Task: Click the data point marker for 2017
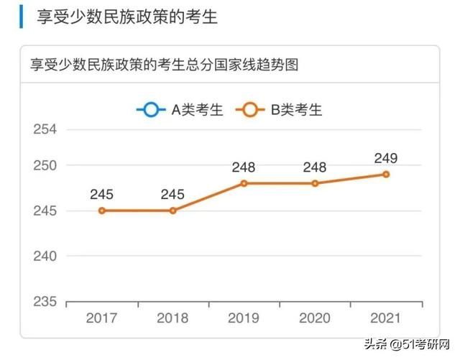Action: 102,211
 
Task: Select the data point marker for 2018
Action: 172,211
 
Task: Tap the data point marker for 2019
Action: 244,183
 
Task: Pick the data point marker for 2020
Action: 315,183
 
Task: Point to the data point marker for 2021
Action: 386,174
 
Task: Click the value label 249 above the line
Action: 386,158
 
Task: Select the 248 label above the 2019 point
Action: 244,167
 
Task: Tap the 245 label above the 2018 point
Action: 172,195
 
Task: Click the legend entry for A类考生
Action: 180,110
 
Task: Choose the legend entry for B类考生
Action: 282,110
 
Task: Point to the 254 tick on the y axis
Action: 45,129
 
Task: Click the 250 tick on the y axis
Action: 45,165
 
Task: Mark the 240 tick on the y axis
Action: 45,256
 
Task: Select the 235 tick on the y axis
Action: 45,300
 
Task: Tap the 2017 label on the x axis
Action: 102,318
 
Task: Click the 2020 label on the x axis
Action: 315,318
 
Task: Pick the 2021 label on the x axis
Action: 386,318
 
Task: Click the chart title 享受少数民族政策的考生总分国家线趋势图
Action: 164,65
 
